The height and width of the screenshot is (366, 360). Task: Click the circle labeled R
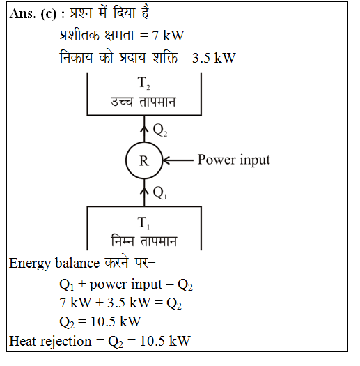[x=126, y=160]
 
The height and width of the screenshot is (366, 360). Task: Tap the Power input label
[x=234, y=160]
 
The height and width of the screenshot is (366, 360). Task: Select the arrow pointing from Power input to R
[x=178, y=160]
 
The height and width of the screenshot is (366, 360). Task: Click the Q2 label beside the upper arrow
[x=160, y=130]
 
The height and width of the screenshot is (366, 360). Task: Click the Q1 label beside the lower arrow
[x=160, y=193]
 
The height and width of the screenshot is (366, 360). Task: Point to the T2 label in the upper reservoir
[x=143, y=84]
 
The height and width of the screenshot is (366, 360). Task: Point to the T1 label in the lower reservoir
[x=143, y=223]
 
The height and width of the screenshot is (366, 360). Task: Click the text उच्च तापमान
[x=143, y=102]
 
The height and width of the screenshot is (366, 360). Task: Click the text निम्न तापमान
[x=143, y=241]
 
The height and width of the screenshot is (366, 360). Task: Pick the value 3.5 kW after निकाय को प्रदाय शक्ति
[x=214, y=58]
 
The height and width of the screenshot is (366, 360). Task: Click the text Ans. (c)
[x=33, y=14]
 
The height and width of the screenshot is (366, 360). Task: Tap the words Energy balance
[x=54, y=264]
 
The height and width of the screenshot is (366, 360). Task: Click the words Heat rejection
[x=50, y=342]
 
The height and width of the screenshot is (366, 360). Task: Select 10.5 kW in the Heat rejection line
[x=165, y=342]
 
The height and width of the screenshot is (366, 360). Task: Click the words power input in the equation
[x=125, y=284]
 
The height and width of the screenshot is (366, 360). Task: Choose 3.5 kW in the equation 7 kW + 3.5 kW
[x=129, y=303]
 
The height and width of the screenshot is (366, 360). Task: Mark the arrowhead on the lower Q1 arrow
[x=144, y=191]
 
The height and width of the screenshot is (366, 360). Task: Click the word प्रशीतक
[x=79, y=35]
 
